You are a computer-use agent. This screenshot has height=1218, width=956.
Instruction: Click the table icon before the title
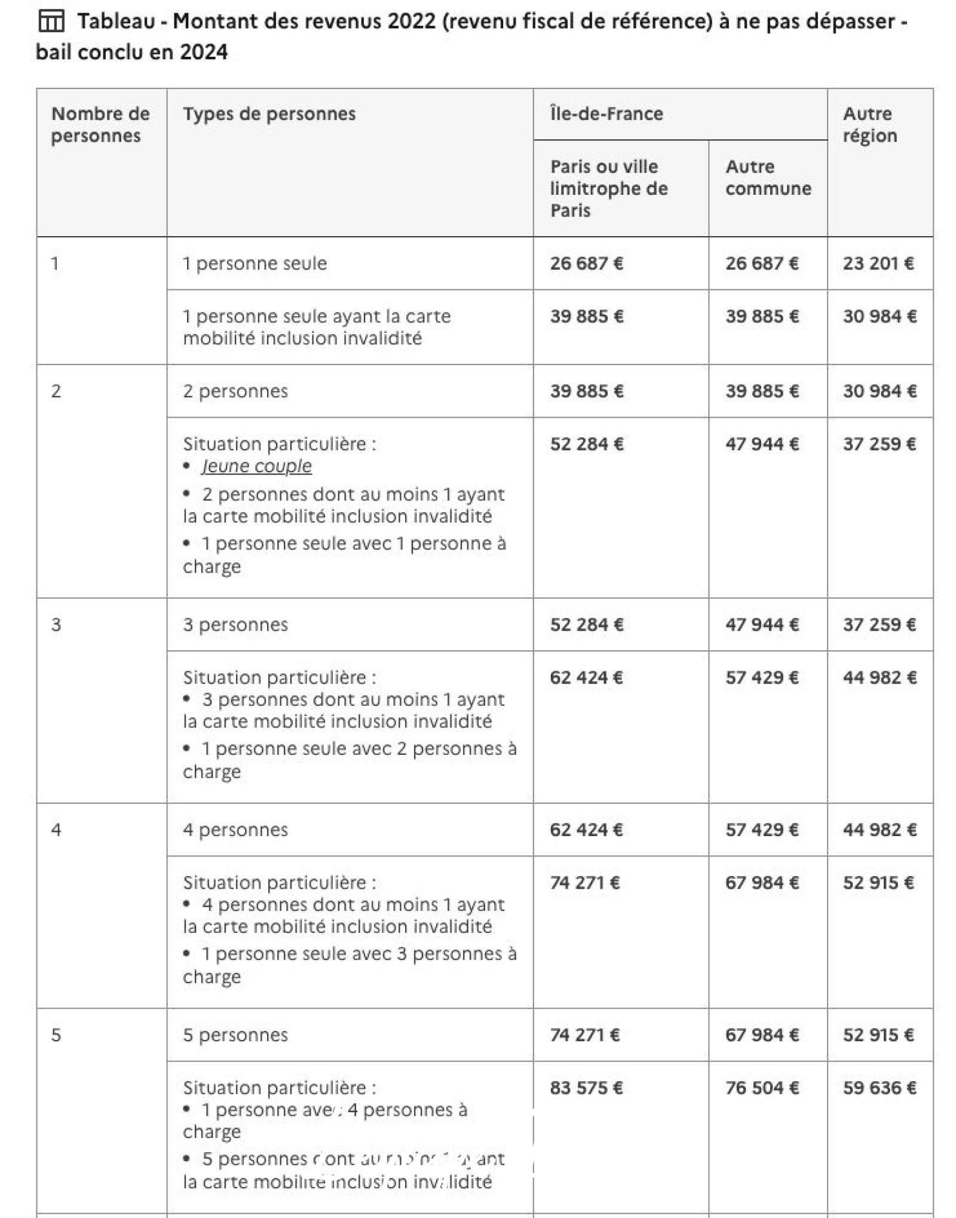[51, 22]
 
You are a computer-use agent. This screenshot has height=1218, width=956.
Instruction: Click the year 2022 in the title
[411, 22]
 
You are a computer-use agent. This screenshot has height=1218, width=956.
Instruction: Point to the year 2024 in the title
[204, 53]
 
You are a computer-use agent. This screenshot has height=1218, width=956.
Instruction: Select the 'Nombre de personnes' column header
[100, 124]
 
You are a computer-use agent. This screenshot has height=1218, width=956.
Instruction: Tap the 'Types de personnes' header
[269, 114]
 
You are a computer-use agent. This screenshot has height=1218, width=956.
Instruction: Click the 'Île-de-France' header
[606, 114]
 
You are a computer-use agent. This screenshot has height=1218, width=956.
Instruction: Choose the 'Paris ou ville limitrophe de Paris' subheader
[608, 188]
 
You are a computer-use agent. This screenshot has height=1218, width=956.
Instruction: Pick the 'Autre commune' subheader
[768, 178]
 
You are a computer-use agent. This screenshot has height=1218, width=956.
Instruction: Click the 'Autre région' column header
[869, 124]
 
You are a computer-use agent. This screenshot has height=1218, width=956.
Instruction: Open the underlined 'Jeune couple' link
[256, 466]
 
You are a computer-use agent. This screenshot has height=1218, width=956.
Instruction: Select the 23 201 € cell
[878, 263]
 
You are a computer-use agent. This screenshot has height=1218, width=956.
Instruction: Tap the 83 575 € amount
[586, 1088]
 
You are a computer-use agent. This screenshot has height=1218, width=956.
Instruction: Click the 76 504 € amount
[762, 1088]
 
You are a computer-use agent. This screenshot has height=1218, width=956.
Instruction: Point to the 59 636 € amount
[879, 1088]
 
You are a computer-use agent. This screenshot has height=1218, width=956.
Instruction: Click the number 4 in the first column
[56, 830]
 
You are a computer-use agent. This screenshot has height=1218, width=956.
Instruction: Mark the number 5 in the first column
[56, 1035]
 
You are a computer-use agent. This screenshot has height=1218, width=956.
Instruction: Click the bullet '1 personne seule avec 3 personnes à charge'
[350, 965]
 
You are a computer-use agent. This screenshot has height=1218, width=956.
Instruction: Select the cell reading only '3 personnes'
[235, 625]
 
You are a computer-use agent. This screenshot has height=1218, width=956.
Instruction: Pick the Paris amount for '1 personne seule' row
[586, 263]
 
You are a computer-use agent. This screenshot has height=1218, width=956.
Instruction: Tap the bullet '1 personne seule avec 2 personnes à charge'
[350, 760]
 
